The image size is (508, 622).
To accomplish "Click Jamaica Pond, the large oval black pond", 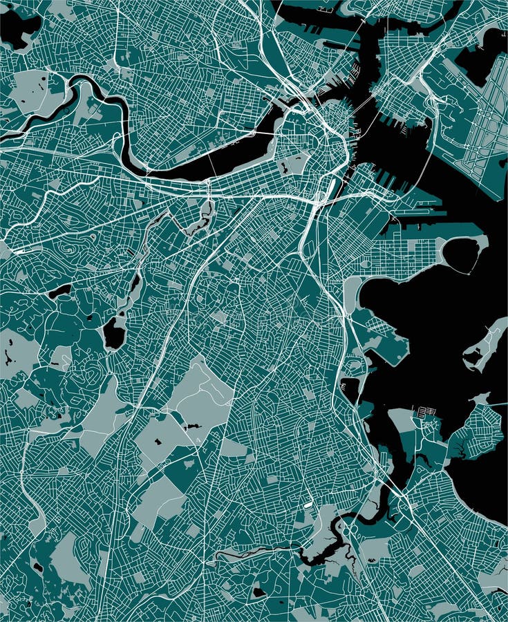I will [x=113, y=334].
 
